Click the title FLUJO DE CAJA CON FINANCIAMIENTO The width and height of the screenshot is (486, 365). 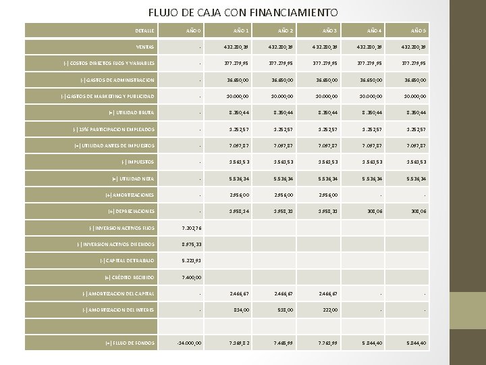(243, 12)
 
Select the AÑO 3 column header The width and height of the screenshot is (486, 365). (329, 30)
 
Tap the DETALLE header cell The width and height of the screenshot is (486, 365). (144, 30)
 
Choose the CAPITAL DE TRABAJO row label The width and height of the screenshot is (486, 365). (128, 261)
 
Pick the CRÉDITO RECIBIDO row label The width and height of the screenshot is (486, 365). (130, 277)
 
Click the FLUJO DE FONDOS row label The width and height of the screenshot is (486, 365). (130, 343)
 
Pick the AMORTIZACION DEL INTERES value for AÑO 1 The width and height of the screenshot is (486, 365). (241, 310)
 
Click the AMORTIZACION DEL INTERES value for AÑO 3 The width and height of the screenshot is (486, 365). (329, 310)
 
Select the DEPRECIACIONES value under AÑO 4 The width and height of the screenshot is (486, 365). (373, 212)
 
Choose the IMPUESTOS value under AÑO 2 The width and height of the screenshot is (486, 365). (283, 162)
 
